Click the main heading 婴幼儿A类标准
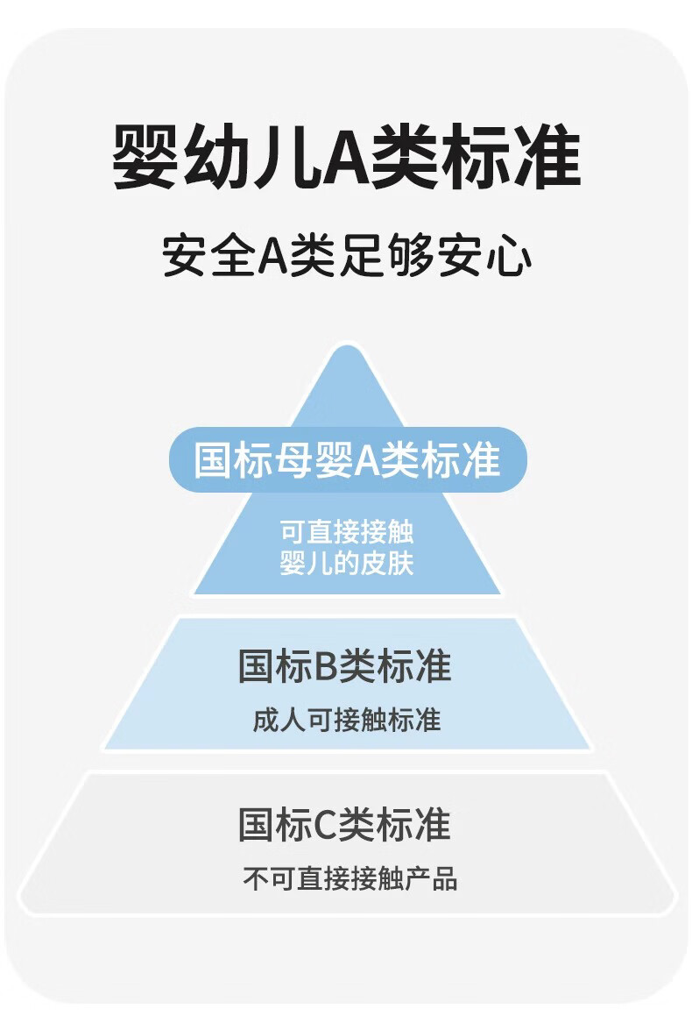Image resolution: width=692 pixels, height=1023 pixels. click(347, 159)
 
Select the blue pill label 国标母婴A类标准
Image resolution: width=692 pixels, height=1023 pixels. click(347, 459)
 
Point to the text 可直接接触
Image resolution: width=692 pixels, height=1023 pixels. click(347, 533)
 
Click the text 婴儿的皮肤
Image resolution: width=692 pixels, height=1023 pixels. click(347, 563)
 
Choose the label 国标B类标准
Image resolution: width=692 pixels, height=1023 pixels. click(345, 666)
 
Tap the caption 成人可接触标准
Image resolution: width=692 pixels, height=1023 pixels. click(347, 721)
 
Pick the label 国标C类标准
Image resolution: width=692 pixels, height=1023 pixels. click(345, 825)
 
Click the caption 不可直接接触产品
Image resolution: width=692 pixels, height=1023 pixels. click(350, 878)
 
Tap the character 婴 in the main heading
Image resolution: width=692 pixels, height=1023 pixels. click(145, 159)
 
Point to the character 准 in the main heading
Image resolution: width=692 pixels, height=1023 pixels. click(548, 159)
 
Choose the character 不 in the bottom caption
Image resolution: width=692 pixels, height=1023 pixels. click(255, 878)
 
